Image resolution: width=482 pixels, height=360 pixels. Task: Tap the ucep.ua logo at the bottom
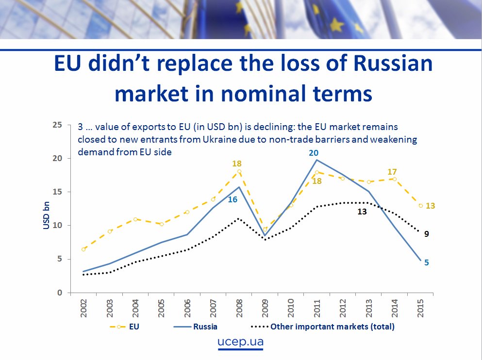click(x=241, y=342)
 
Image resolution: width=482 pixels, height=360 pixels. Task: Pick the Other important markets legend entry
click(x=332, y=327)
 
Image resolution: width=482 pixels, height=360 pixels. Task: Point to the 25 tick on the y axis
click(x=57, y=125)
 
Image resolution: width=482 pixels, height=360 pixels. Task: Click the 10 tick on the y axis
click(x=57, y=226)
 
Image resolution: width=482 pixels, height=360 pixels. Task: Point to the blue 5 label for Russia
click(x=426, y=262)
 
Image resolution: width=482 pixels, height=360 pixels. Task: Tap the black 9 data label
click(x=426, y=234)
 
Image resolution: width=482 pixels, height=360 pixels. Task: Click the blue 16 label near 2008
click(x=233, y=199)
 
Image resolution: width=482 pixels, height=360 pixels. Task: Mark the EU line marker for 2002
click(x=83, y=249)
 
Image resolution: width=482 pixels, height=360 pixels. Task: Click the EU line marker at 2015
click(x=420, y=206)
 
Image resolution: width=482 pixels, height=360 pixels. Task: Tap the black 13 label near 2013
click(x=362, y=212)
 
